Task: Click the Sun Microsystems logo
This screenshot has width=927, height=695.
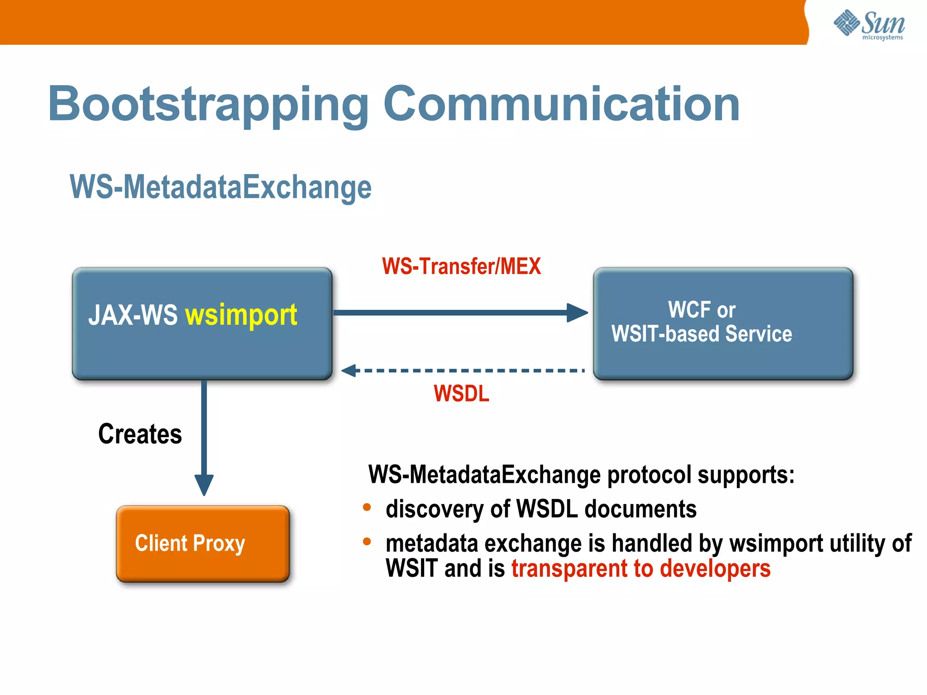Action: [x=869, y=24]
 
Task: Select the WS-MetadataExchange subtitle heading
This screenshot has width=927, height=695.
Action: [x=220, y=187]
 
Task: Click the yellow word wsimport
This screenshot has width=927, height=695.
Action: [x=241, y=315]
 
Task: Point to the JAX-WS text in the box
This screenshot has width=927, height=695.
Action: [x=133, y=315]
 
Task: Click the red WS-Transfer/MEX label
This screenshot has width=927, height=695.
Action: [x=461, y=266]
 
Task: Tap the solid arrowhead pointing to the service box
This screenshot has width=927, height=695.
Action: [x=577, y=313]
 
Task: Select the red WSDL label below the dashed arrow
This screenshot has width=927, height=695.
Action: [x=461, y=393]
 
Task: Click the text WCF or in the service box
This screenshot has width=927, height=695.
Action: [x=702, y=310]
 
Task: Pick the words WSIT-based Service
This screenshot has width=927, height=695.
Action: [x=702, y=334]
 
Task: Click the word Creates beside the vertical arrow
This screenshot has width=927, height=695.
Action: [x=140, y=434]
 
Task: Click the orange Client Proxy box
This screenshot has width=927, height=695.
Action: [x=203, y=543]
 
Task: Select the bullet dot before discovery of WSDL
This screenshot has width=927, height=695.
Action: [x=367, y=507]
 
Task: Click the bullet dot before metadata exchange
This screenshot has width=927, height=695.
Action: [x=367, y=541]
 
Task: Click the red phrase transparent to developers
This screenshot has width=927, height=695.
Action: [x=640, y=569]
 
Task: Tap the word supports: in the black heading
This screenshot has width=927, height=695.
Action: [x=745, y=475]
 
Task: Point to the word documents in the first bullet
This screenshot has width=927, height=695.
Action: [x=640, y=509]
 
